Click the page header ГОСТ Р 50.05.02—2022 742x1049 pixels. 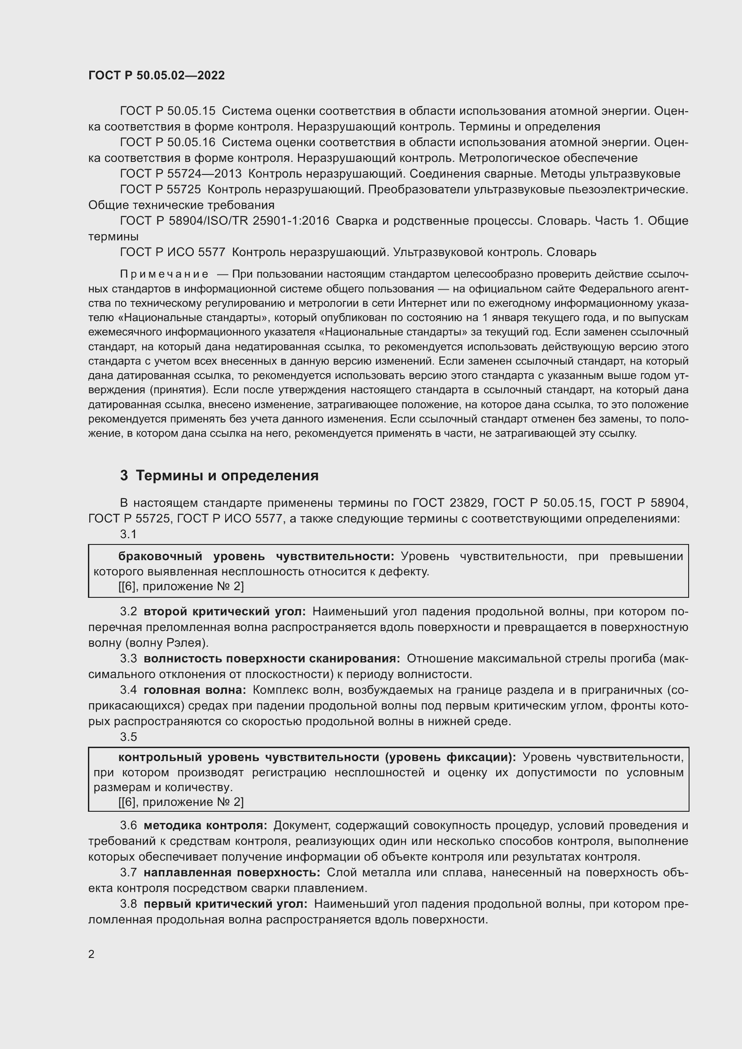tap(156, 75)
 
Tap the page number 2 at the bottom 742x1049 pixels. tap(92, 954)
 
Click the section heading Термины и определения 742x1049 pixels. tap(227, 475)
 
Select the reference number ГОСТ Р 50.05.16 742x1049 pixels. tap(167, 143)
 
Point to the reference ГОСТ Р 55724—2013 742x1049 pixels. tap(180, 174)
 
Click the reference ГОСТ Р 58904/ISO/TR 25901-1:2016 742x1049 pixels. tap(224, 221)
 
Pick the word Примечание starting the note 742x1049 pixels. tap(164, 274)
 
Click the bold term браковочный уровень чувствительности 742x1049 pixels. tap(256, 557)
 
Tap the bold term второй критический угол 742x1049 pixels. tap(225, 612)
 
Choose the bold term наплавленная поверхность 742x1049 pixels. tap(232, 873)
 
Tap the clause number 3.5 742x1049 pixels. tap(128, 737)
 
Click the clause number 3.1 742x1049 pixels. tap(128, 534)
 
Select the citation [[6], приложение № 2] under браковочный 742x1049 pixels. tap(181, 587)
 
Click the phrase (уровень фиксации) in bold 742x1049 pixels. tap(450, 757)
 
